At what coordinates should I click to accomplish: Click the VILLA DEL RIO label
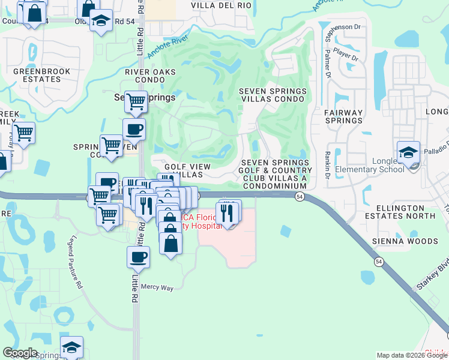(221, 5)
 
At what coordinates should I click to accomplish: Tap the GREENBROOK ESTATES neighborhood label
(42, 76)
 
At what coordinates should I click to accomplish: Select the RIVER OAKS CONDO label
(150, 76)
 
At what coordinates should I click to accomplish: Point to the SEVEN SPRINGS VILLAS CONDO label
(273, 95)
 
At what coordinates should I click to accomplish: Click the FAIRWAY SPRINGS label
(343, 116)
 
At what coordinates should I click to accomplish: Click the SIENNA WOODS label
(414, 241)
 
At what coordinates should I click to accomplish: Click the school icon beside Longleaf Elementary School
(408, 152)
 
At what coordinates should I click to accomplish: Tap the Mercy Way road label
(157, 288)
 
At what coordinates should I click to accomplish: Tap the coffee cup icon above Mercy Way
(138, 257)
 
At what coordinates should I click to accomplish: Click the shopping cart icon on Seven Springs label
(136, 101)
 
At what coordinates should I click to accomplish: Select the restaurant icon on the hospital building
(227, 211)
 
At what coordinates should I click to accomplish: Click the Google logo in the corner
(19, 353)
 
